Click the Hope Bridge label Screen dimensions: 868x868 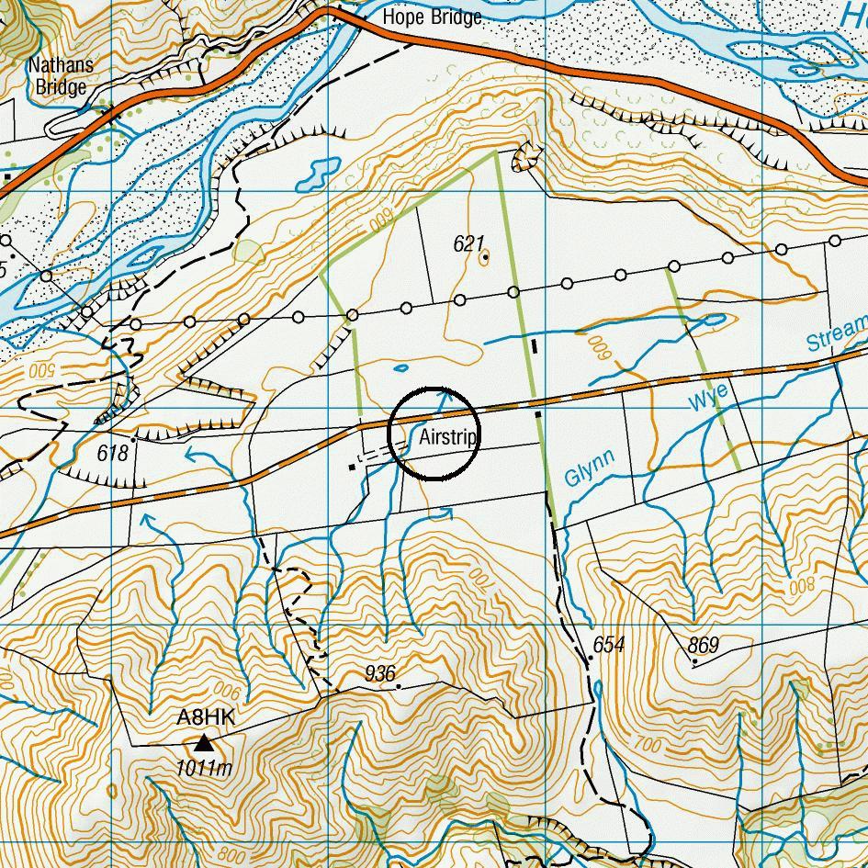click(431, 17)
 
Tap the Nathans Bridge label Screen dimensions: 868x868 click(57, 76)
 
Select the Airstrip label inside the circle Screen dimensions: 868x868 click(447, 437)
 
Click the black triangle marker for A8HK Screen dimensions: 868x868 click(203, 742)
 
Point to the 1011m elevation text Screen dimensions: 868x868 click(204, 768)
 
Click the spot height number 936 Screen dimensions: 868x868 click(379, 674)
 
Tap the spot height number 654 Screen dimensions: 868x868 click(608, 645)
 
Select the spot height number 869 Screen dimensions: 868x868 click(703, 645)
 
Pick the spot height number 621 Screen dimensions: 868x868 click(468, 243)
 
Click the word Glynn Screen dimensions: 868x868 click(589, 468)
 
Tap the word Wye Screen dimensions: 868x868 click(708, 400)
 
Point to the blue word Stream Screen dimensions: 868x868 click(836, 333)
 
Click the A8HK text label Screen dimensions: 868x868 click(206, 717)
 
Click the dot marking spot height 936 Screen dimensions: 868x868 click(398, 685)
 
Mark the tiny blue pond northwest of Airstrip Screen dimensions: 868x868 click(400, 368)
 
